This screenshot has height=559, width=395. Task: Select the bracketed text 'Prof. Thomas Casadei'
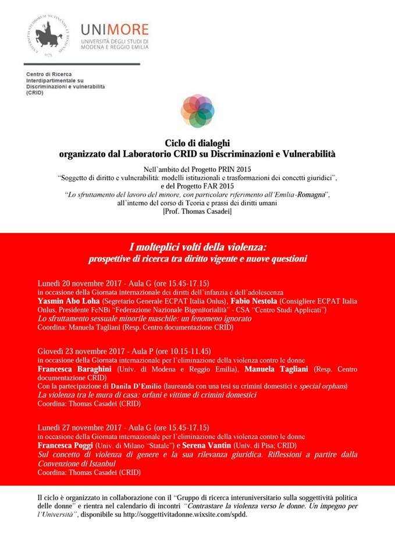(x=197, y=212)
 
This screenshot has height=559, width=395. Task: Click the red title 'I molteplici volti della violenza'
(x=197, y=247)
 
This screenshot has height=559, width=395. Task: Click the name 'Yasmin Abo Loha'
(x=67, y=302)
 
